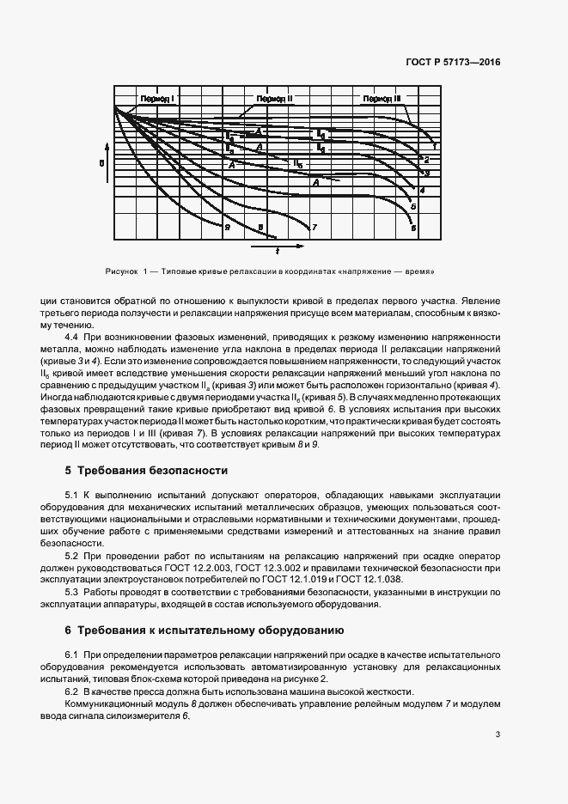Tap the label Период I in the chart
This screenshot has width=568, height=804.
[158, 100]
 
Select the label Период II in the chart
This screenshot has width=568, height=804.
[274, 100]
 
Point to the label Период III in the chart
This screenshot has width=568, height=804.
[382, 100]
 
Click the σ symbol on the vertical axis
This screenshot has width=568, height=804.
[101, 161]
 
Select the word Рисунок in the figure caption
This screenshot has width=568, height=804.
[120, 271]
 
